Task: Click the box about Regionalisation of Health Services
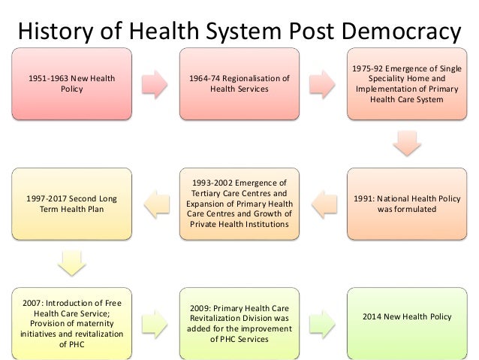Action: click(x=239, y=83)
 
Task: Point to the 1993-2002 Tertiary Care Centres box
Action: click(x=239, y=204)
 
